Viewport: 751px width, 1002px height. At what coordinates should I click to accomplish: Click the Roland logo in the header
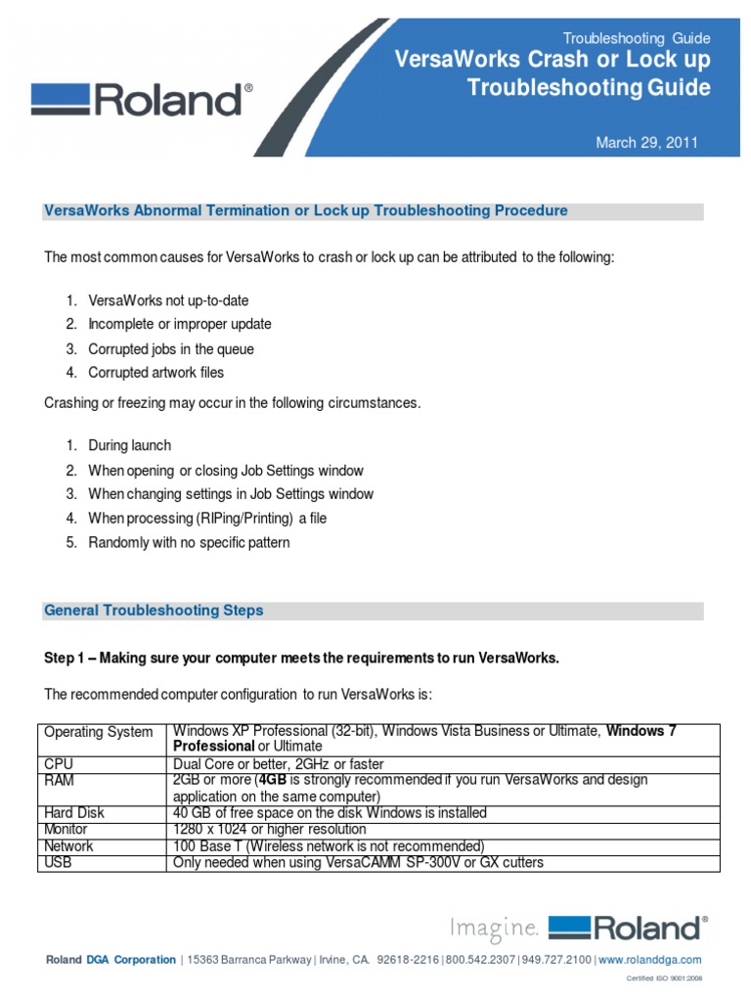click(142, 100)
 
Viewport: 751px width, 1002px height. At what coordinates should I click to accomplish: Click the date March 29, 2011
click(646, 143)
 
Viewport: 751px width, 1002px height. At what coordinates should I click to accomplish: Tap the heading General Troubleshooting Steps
click(154, 611)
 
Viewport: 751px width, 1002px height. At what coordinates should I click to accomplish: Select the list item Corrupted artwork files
click(155, 373)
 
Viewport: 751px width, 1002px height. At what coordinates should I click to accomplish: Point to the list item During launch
click(129, 446)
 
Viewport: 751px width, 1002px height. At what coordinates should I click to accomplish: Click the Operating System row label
click(99, 732)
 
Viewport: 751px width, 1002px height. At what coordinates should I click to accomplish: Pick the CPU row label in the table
click(60, 763)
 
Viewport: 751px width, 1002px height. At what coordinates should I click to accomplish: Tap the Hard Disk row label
click(74, 813)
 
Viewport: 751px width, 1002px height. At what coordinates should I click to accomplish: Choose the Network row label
click(69, 845)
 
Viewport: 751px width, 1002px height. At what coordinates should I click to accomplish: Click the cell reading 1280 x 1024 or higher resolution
click(269, 829)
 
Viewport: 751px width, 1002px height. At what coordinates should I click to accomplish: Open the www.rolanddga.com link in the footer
click(650, 960)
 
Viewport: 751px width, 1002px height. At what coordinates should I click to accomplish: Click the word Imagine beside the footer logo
click(493, 927)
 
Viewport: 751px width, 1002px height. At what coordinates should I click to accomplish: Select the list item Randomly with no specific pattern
click(189, 543)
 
